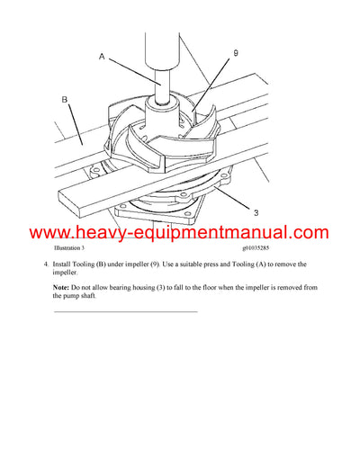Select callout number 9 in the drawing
pyautogui.click(x=234, y=54)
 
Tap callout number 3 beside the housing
pyautogui.click(x=256, y=212)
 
